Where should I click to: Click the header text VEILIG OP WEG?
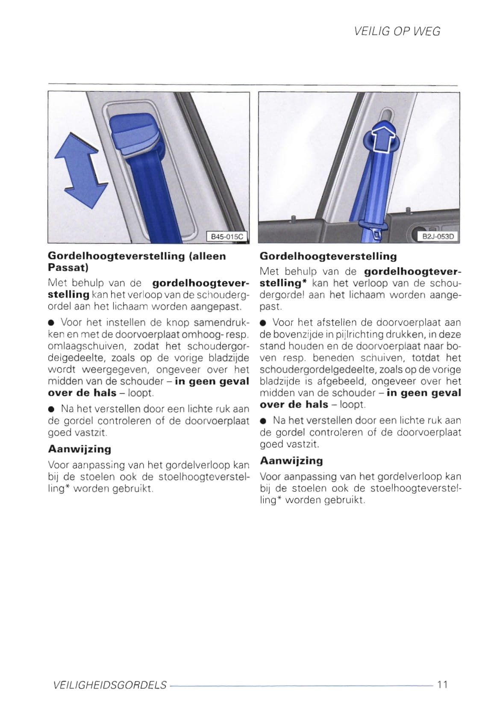coord(397,31)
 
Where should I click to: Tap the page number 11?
coord(442,684)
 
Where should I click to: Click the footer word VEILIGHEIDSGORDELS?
coord(110,685)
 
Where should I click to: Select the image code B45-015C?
coord(227,236)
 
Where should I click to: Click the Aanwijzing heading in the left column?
coord(79,449)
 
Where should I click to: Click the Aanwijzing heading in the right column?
coord(291,461)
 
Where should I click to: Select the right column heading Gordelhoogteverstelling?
coord(328,256)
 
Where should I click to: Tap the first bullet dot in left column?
coord(51,323)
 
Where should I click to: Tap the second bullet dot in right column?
coord(263,421)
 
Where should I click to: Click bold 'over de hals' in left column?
coord(82,393)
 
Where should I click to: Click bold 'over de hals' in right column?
coord(294,404)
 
